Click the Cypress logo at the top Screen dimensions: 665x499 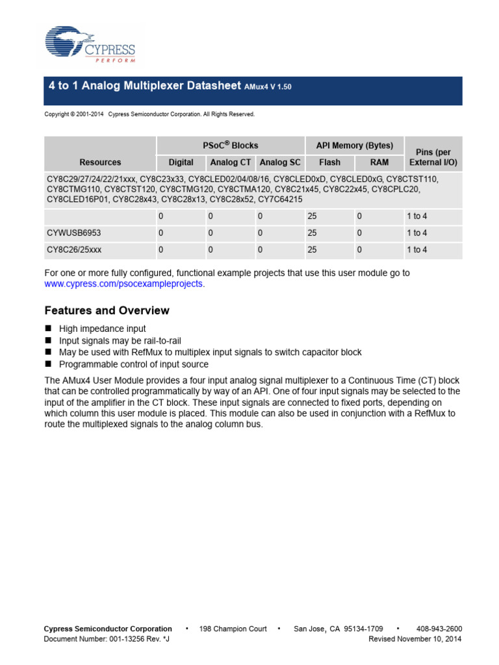pos(90,45)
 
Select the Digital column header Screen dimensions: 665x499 pos(181,162)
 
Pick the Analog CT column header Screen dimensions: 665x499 pos(231,162)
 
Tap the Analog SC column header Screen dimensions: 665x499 pos(280,162)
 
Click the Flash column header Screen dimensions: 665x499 pos(329,162)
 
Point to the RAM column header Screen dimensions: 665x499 pos(379,162)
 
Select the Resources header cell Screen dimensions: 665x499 pos(100,162)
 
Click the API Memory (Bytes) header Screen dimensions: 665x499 pos(354,145)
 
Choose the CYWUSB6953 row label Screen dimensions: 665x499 pos(73,233)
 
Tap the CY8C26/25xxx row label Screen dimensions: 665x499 pos(73,250)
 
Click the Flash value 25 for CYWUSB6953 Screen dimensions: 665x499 pos(312,233)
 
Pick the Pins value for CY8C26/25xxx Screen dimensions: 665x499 pos(416,250)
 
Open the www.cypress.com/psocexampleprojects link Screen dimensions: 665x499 pos(123,284)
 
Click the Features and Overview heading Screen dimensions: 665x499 pos(107,310)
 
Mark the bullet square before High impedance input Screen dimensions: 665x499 pos(47,329)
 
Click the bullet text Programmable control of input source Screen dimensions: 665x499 pos(134,364)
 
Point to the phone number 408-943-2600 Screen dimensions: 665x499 pos(439,629)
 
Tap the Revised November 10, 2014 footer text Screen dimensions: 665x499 pos(415,639)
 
